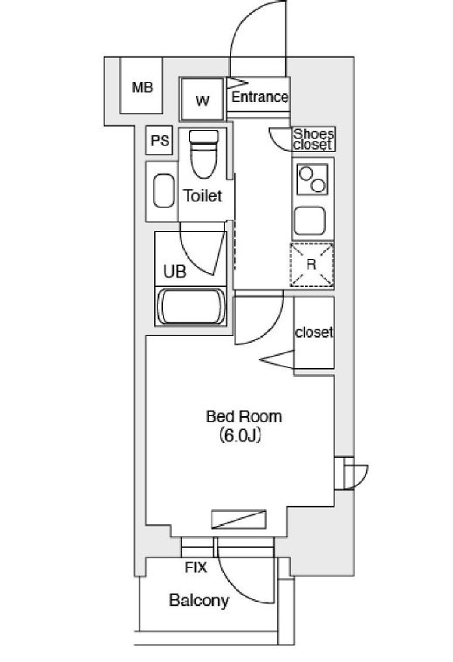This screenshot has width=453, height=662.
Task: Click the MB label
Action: [142, 87]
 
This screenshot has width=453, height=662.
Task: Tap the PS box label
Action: [160, 140]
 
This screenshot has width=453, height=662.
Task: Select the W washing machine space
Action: [202, 99]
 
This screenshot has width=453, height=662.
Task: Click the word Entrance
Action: [260, 97]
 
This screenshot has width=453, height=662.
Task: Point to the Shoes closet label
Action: [314, 140]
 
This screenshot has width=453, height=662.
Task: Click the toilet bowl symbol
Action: [204, 154]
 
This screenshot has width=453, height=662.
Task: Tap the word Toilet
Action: [202, 195]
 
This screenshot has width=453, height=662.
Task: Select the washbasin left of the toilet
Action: [164, 191]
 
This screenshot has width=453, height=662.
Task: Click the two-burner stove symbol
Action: [313, 180]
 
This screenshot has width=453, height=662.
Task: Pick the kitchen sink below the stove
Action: [309, 221]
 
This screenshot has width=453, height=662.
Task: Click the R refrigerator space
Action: [312, 265]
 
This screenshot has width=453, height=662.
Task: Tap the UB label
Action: [174, 271]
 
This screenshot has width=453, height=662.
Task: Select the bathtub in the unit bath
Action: [191, 306]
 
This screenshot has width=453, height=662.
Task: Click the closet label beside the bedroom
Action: [314, 332]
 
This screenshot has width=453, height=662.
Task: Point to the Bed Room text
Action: [244, 417]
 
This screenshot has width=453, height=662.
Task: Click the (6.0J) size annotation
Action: [240, 435]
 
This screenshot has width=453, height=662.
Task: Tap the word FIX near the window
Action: [196, 568]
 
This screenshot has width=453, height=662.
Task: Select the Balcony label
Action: [199, 600]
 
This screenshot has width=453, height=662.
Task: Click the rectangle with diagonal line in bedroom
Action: [239, 519]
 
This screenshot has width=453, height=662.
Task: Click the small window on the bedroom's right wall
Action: [344, 473]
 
